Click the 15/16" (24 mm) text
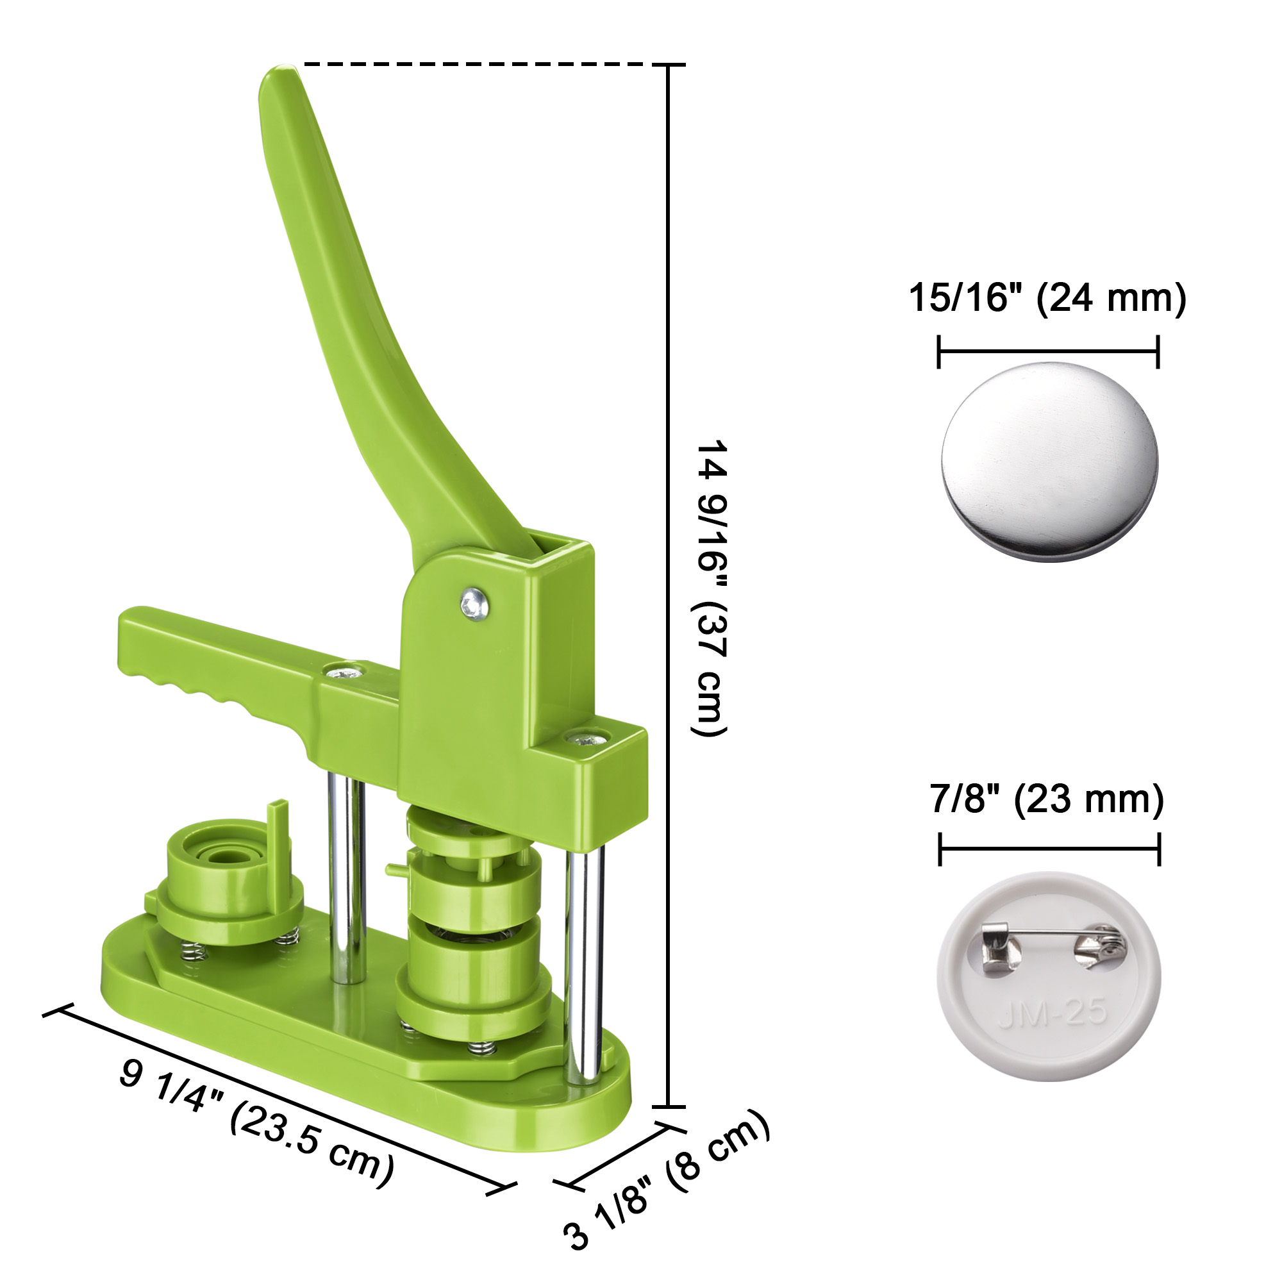tap(1047, 298)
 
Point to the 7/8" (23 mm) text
tap(1047, 799)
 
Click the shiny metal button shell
tap(1049, 461)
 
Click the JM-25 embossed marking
tap(1053, 1013)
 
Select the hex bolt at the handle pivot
tap(474, 604)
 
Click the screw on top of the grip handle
tap(345, 674)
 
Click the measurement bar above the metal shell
tap(1048, 351)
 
